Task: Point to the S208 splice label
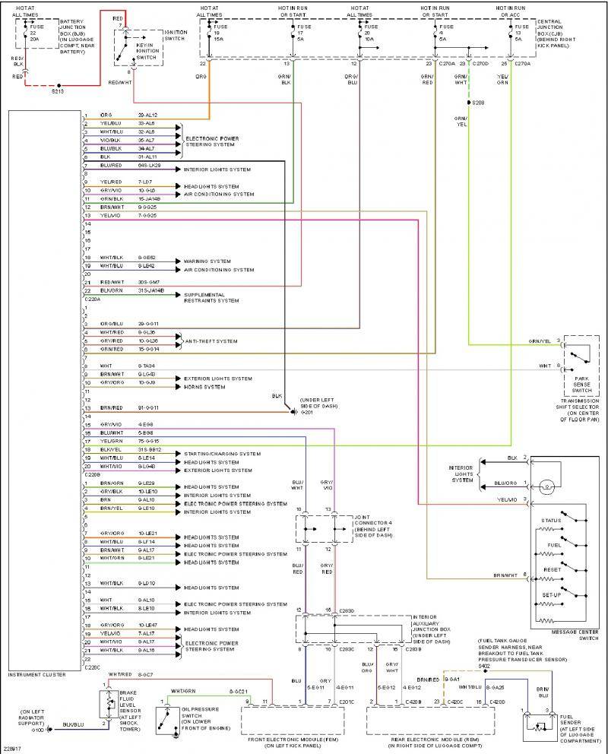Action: click(x=477, y=102)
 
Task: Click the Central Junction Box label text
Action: click(x=559, y=31)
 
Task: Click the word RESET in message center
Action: click(x=552, y=569)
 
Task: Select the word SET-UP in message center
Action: click(x=552, y=594)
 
